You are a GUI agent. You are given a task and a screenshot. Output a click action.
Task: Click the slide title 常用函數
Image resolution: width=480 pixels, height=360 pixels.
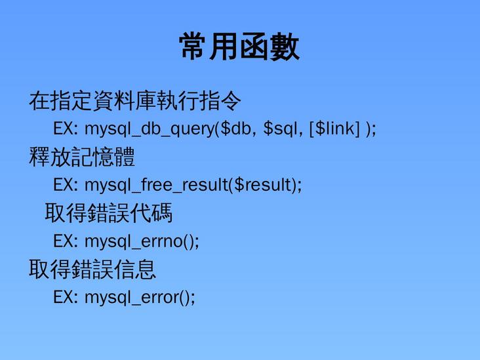click(x=239, y=47)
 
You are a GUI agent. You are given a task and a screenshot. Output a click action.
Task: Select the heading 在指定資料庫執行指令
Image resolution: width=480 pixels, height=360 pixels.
click(x=135, y=101)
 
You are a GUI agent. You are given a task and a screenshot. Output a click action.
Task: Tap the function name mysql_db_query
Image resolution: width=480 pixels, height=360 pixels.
click(x=149, y=129)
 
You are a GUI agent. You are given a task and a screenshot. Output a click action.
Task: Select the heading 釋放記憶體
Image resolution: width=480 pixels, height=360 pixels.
click(x=82, y=157)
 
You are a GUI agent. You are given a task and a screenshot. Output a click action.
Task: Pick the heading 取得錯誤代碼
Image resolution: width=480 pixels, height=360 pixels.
click(x=108, y=213)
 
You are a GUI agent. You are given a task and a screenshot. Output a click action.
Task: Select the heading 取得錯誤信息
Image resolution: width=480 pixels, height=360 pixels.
click(x=92, y=269)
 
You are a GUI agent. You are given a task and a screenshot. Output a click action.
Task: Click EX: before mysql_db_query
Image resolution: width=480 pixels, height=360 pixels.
click(x=66, y=129)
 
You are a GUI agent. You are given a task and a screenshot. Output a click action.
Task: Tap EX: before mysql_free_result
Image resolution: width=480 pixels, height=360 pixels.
click(x=66, y=186)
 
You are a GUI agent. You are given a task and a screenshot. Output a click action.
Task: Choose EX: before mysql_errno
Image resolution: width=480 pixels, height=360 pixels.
click(x=66, y=241)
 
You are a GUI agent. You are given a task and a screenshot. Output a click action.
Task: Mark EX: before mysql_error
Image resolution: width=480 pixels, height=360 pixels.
click(x=66, y=297)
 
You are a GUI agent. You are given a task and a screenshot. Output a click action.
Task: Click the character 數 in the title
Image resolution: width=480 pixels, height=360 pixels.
click(x=285, y=47)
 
